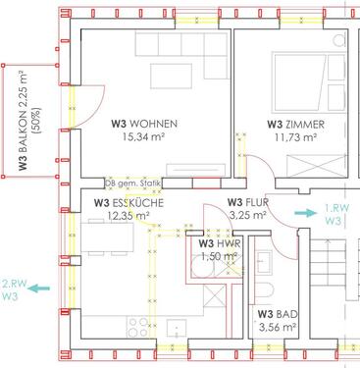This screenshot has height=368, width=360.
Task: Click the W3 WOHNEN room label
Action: click(144, 124)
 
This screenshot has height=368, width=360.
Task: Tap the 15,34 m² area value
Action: click(143, 136)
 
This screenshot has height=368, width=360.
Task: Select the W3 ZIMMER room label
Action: click(296, 125)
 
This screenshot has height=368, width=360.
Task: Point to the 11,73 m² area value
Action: click(295, 137)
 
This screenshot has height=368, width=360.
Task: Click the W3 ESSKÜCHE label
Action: click(129, 203)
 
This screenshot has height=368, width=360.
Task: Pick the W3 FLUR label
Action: click(247, 202)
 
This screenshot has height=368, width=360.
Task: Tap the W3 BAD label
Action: click(278, 314)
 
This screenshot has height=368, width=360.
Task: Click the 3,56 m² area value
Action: click(278, 327)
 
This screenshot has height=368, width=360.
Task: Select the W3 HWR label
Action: click(220, 243)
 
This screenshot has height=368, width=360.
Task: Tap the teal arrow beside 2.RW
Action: click(39, 289)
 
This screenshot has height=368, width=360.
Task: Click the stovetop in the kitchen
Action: click(137, 327)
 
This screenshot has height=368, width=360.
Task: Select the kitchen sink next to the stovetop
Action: click(177, 329)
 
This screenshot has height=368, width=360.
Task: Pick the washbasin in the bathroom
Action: click(264, 262)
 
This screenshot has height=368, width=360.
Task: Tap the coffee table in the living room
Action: click(171, 77)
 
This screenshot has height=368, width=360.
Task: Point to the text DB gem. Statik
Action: click(133, 184)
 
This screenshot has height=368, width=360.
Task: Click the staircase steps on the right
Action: click(328, 270)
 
